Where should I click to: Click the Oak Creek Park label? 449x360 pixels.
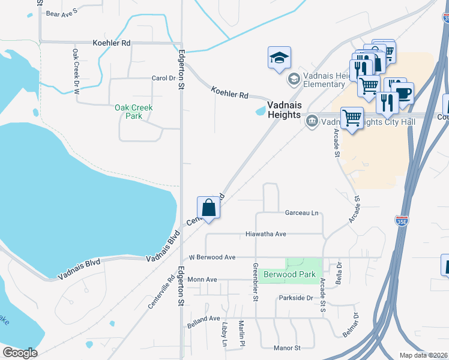[x=134, y=112]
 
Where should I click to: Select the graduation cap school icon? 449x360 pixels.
[x=279, y=58]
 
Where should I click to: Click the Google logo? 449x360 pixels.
[x=20, y=353]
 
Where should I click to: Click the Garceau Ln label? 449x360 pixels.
[x=301, y=213]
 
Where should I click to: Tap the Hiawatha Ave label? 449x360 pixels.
[x=266, y=234]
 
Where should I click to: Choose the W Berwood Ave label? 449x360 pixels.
[x=212, y=257]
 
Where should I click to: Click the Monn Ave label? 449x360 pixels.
[x=202, y=280]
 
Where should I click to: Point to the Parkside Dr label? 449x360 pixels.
[x=296, y=298]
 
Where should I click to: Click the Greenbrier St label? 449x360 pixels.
[x=255, y=283]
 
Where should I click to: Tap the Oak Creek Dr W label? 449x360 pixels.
[x=76, y=71]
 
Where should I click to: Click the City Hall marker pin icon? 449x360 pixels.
[x=312, y=122]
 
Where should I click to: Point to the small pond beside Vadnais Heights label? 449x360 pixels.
[x=261, y=110]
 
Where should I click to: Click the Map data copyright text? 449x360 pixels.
[x=423, y=355]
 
